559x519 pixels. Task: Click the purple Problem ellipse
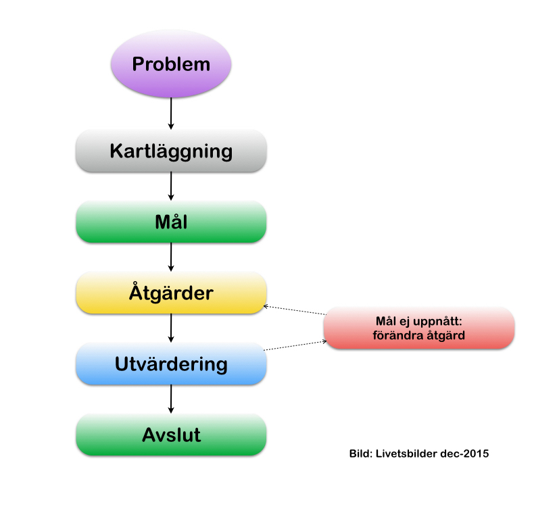coord(171,64)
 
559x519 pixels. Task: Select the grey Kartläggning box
coord(171,151)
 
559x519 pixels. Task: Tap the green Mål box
coord(171,222)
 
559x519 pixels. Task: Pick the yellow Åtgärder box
coord(171,293)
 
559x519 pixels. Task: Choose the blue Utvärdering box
coord(171,364)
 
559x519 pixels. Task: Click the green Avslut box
coord(171,435)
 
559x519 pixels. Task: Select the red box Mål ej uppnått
coord(419,328)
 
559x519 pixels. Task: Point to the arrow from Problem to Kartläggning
coord(171,113)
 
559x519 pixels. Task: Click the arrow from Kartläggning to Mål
coord(171,185)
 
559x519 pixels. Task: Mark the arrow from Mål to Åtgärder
coord(171,257)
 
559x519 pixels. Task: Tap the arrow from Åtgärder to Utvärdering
coord(171,328)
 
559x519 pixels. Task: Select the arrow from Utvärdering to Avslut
coord(171,399)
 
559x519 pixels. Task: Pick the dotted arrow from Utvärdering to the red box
coord(294,345)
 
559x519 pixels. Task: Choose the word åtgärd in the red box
coord(445,335)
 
